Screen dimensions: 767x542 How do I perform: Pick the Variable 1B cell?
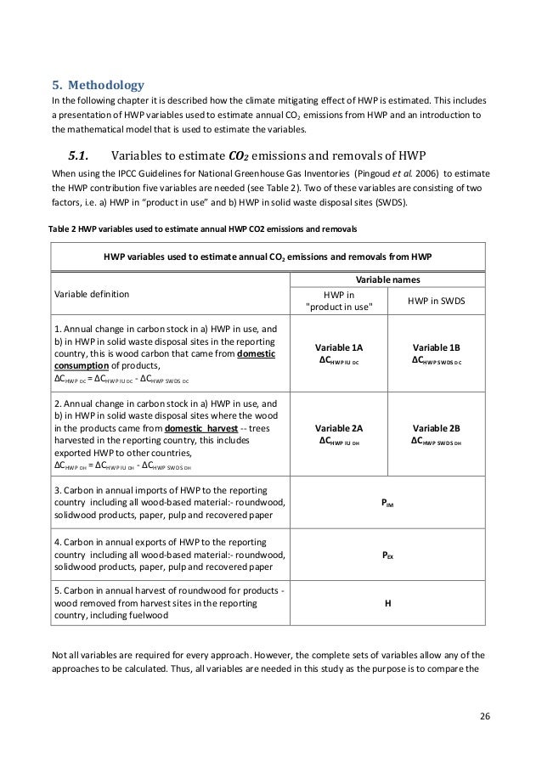pos(436,354)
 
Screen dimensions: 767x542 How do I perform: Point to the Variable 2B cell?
pos(436,436)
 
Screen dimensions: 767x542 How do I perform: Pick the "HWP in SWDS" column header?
pos(436,301)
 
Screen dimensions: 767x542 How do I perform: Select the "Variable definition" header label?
pos(92,293)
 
